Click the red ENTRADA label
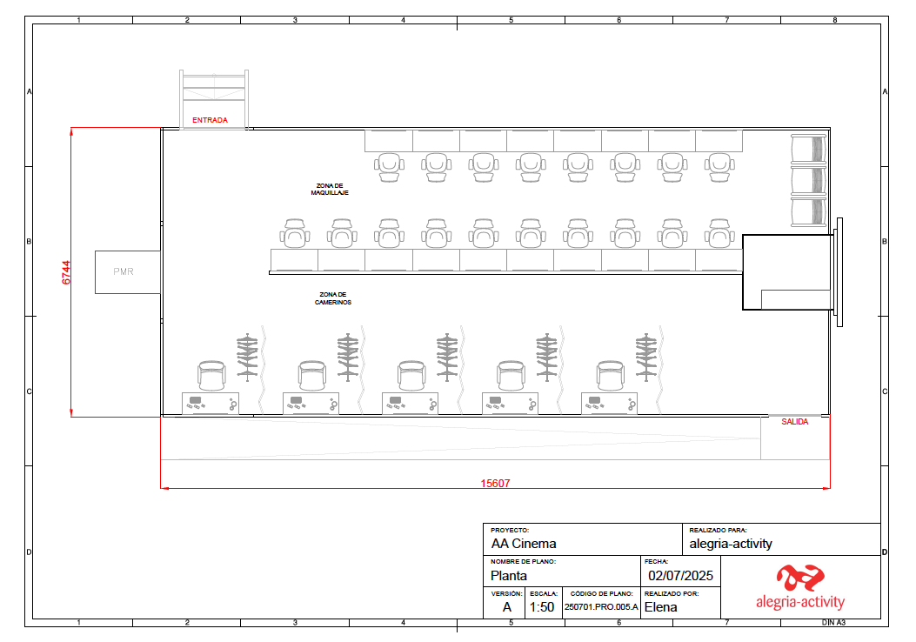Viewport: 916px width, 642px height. (x=210, y=120)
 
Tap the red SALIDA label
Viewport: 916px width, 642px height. (x=794, y=422)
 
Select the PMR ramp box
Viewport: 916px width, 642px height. (x=128, y=272)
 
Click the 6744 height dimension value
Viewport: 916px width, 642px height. (x=66, y=273)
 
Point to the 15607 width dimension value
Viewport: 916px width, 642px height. (x=495, y=483)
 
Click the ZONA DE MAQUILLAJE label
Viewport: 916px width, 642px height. (x=330, y=190)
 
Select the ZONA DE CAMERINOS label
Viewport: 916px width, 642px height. (x=333, y=298)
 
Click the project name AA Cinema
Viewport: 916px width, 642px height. (x=524, y=544)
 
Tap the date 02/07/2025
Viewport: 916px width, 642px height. (x=680, y=575)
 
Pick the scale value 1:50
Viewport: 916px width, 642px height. (x=542, y=607)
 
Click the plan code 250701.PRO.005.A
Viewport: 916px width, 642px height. (x=601, y=607)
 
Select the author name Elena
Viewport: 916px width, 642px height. (x=661, y=607)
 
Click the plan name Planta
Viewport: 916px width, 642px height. (x=509, y=576)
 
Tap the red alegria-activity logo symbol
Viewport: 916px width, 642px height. (x=800, y=578)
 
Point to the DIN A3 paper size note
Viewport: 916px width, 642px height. (x=833, y=623)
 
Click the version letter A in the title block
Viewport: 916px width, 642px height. (x=507, y=607)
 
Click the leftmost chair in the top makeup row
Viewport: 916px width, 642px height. (x=389, y=168)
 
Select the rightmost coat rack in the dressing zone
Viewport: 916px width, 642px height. (x=646, y=357)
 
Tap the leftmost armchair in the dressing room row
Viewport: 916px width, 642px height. (x=211, y=375)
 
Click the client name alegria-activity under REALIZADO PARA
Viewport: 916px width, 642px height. (x=731, y=544)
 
